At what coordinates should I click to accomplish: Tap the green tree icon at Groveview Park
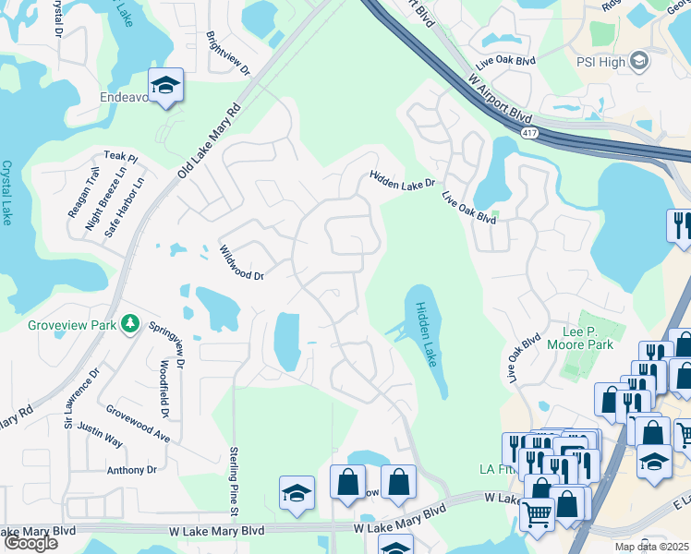coord(130,323)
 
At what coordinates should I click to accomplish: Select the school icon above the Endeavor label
coord(166,86)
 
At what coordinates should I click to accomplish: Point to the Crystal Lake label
coord(7,193)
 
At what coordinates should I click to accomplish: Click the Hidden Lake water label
coord(426,334)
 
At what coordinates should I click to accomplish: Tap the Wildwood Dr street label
coord(241,263)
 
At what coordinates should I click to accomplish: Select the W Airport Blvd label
coord(500,100)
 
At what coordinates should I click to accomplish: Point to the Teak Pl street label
coord(120,157)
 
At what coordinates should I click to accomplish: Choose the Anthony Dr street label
coord(132,470)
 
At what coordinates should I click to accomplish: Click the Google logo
coord(30,543)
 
